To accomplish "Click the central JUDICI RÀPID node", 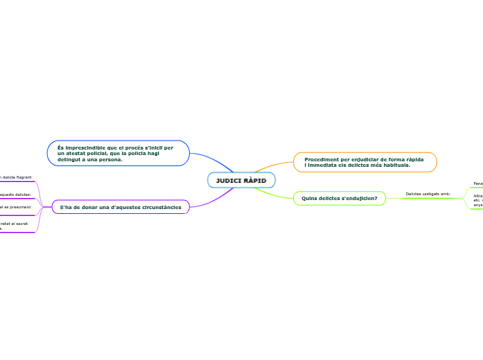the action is click(241, 180).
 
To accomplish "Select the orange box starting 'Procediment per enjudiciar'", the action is click(365, 162).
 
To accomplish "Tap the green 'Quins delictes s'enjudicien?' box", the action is click(339, 199).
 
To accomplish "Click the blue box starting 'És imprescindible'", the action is click(118, 153).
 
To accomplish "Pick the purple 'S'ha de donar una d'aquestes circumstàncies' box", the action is click(121, 207).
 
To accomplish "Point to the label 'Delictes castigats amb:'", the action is click(428, 194).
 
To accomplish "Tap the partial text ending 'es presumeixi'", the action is click(17, 207).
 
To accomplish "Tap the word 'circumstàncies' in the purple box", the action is click(159, 207).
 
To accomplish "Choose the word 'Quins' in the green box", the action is click(308, 199).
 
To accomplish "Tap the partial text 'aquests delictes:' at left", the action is click(16, 195).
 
